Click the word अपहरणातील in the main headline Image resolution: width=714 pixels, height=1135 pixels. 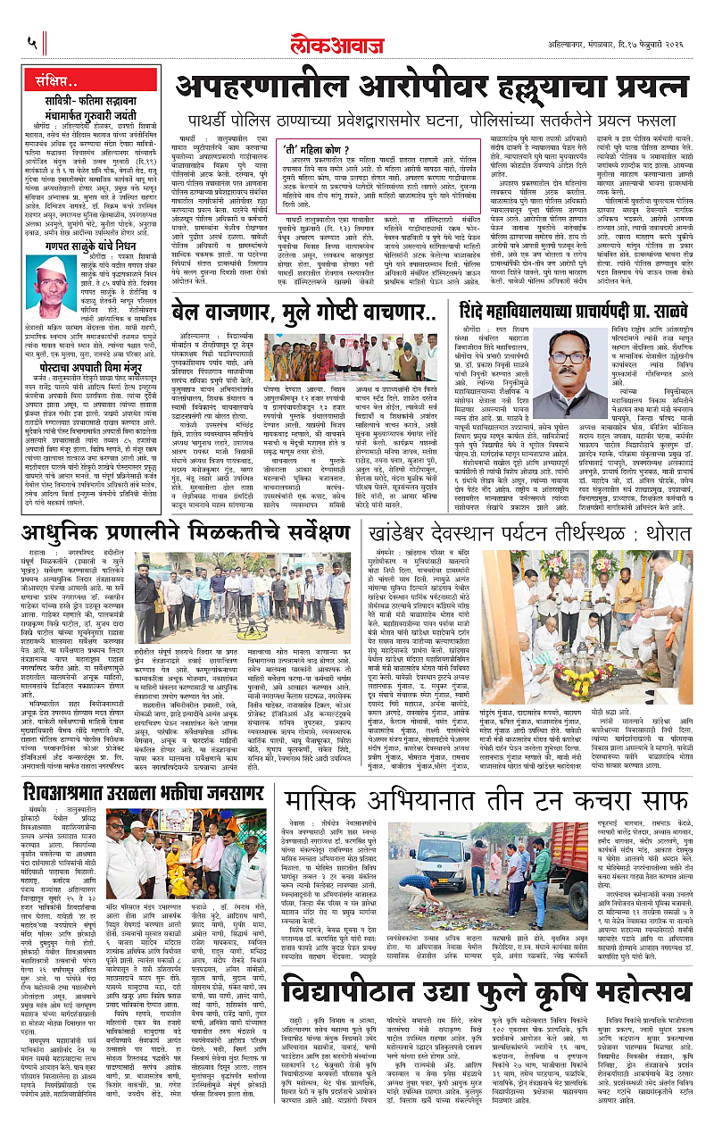250,90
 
